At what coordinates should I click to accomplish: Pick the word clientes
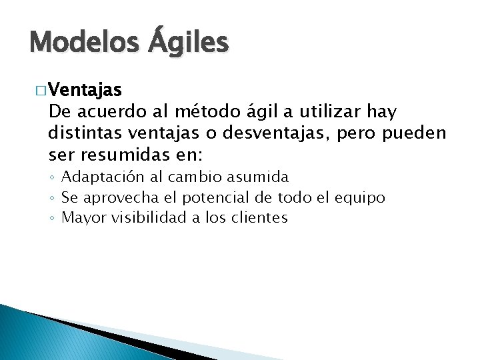coord(260,217)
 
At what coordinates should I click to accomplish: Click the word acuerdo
coord(109,111)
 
